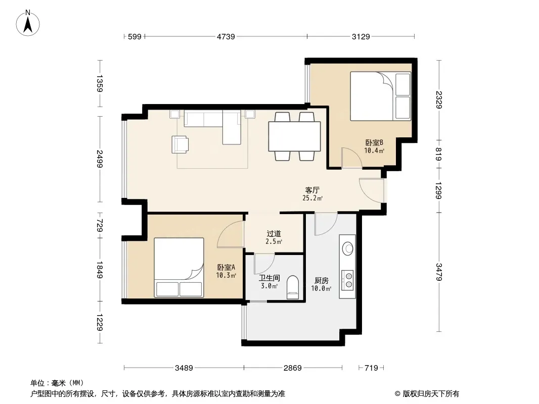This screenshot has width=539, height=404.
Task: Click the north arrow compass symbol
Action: click(x=28, y=23)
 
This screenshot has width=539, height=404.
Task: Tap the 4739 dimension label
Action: click(x=226, y=36)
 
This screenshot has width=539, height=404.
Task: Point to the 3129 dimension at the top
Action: click(x=361, y=36)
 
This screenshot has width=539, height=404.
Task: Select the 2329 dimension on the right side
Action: click(x=438, y=99)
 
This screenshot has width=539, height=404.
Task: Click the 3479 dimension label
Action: click(x=438, y=272)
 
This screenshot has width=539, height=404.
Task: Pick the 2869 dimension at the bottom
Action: click(x=293, y=368)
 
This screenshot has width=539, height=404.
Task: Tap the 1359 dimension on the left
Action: click(x=100, y=83)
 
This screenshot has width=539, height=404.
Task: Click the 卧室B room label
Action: click(x=374, y=142)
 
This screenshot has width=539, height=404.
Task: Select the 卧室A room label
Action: click(x=226, y=267)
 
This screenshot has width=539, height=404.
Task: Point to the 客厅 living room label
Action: click(x=312, y=190)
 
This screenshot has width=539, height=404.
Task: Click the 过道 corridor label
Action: click(x=274, y=234)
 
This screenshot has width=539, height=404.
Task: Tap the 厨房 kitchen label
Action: click(x=322, y=281)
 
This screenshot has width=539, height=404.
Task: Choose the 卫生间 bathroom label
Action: click(x=269, y=278)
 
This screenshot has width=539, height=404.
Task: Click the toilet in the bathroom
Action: click(x=293, y=287)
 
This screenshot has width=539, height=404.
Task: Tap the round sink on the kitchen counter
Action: click(x=348, y=248)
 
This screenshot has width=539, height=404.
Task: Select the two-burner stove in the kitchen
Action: click(x=348, y=280)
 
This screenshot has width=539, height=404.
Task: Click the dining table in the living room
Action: click(x=295, y=136)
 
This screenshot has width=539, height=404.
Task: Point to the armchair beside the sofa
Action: click(x=180, y=144)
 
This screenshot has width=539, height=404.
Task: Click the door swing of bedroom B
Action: click(x=352, y=158)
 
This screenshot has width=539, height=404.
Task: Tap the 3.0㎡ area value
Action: click(x=269, y=286)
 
